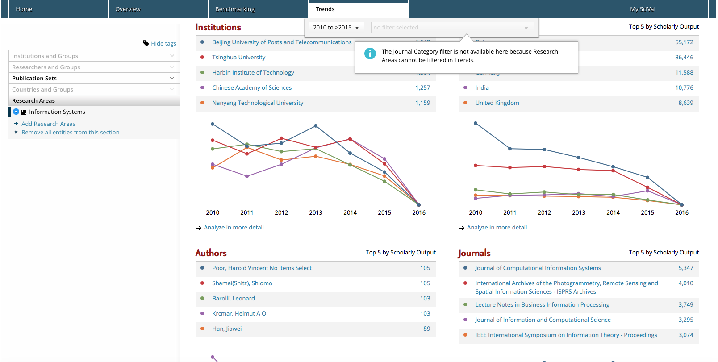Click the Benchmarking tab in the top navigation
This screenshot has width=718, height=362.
(x=235, y=9)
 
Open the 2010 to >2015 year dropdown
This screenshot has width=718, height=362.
(x=336, y=28)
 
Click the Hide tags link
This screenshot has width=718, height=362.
(x=163, y=43)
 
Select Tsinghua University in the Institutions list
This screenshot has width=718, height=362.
(x=238, y=57)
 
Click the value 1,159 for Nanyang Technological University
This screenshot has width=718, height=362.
(x=422, y=103)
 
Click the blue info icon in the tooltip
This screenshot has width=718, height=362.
(x=370, y=54)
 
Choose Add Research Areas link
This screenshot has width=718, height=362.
(x=48, y=124)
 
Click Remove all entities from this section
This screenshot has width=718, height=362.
(x=70, y=132)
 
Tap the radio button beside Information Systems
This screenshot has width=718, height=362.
(x=16, y=112)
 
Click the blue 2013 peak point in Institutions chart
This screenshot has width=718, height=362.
(x=316, y=126)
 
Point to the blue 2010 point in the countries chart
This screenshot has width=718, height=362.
(x=476, y=123)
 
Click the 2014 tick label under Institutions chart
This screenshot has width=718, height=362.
(x=350, y=212)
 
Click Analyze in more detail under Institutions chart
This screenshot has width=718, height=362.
(x=234, y=227)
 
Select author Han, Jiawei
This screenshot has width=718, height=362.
(x=227, y=329)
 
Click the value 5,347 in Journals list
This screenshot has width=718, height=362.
(x=685, y=268)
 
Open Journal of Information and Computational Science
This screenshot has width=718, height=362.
(x=543, y=320)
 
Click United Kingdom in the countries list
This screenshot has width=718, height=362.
(x=497, y=103)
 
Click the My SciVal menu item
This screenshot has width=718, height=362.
(x=643, y=9)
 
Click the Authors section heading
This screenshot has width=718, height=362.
(x=211, y=253)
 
